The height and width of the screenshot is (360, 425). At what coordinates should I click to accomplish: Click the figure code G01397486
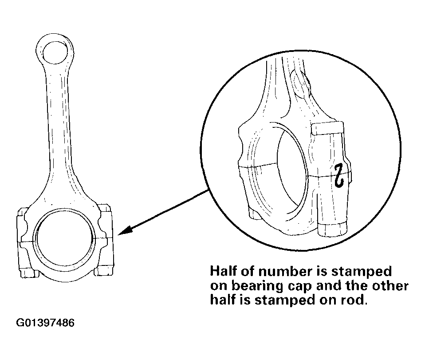45,323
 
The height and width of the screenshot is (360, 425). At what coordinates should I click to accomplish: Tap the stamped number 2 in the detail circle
339,175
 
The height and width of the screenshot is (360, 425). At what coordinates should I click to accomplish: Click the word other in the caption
390,286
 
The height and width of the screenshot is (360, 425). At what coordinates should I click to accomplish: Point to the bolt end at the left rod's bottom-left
27,273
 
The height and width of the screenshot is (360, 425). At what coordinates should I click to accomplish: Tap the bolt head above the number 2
327,128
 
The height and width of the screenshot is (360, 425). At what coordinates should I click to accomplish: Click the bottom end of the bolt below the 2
332,229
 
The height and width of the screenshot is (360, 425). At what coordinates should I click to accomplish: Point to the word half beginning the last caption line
223,300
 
